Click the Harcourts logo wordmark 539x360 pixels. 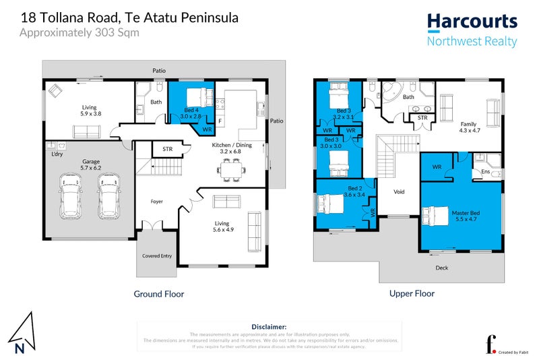coord(472,22)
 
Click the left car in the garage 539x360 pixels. coord(71,196)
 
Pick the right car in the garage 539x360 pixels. coord(108,196)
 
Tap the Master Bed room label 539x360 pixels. coord(460,217)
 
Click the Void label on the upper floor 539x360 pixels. coord(399,192)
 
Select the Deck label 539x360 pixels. coord(441,267)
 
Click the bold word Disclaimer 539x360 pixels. coord(269,326)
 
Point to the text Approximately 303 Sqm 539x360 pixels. coord(80,32)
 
